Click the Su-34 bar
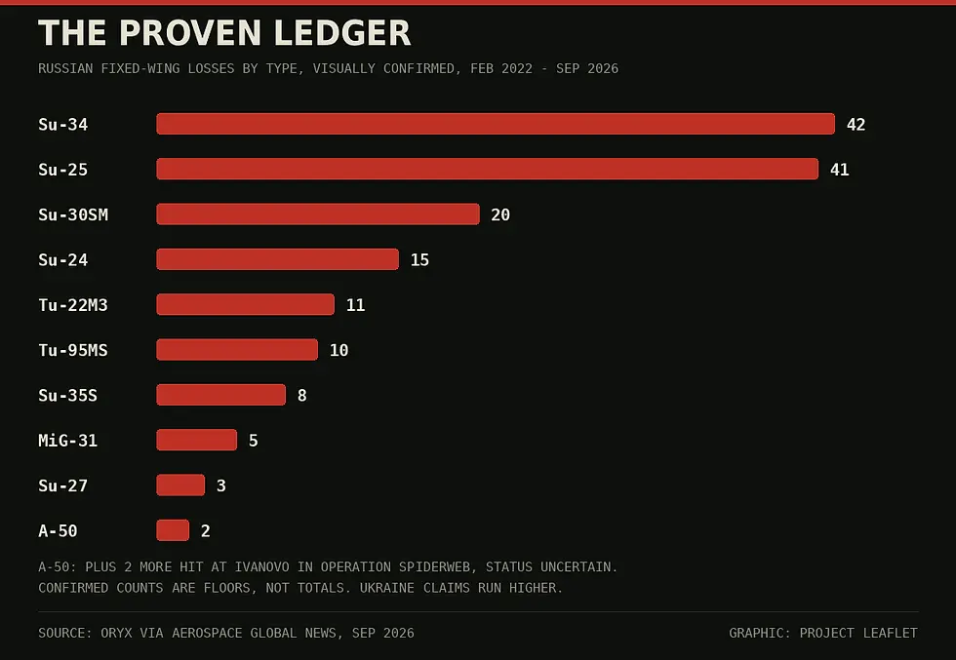[x=496, y=124]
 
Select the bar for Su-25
[x=487, y=169]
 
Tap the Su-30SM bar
[x=318, y=214]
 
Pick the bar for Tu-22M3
[x=246, y=304]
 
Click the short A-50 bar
[x=174, y=530]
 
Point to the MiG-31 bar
[x=197, y=440]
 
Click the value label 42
[x=856, y=125]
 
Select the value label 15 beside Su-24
[x=419, y=259]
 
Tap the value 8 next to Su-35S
[x=301, y=396]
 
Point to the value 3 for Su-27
[x=221, y=485]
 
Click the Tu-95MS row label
[x=73, y=350]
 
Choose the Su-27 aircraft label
[x=62, y=485]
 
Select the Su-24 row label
[x=62, y=259]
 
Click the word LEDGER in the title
[x=342, y=33]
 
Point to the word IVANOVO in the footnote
[x=262, y=566]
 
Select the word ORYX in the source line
[x=116, y=633]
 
